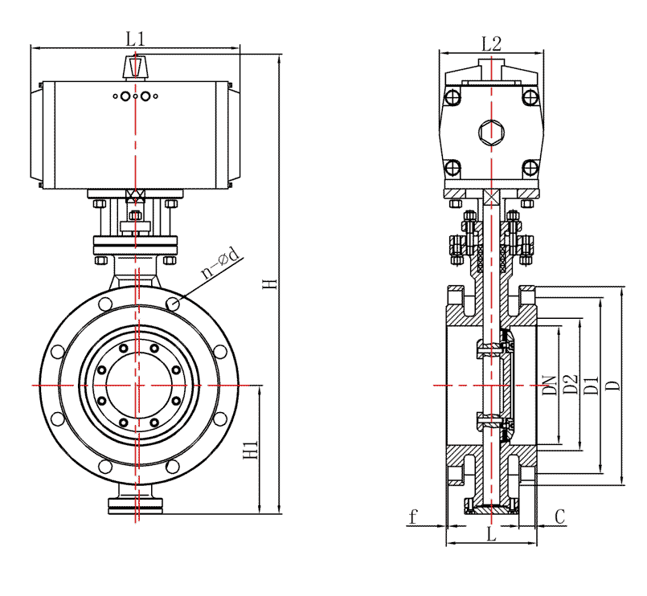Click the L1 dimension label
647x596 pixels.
[135, 39]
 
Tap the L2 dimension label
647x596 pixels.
[491, 43]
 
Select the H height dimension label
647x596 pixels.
[270, 284]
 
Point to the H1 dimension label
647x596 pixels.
[251, 450]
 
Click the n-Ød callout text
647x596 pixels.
[220, 263]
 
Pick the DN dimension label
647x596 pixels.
[549, 386]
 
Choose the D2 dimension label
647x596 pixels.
[571, 384]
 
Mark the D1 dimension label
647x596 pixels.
[592, 385]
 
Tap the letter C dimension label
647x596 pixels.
[560, 516]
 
